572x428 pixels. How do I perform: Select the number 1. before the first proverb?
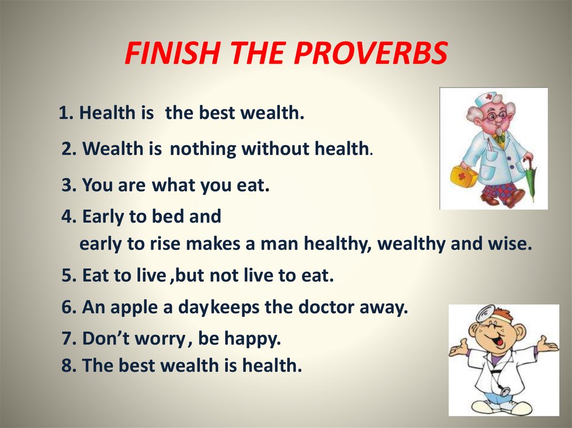click(x=66, y=113)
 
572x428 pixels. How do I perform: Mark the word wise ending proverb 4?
click(x=510, y=244)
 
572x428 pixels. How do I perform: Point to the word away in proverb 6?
click(x=384, y=307)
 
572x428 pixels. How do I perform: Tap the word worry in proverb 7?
click(x=164, y=338)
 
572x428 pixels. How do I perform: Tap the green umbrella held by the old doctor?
click(x=530, y=179)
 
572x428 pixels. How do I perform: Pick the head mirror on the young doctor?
click(x=485, y=311)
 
